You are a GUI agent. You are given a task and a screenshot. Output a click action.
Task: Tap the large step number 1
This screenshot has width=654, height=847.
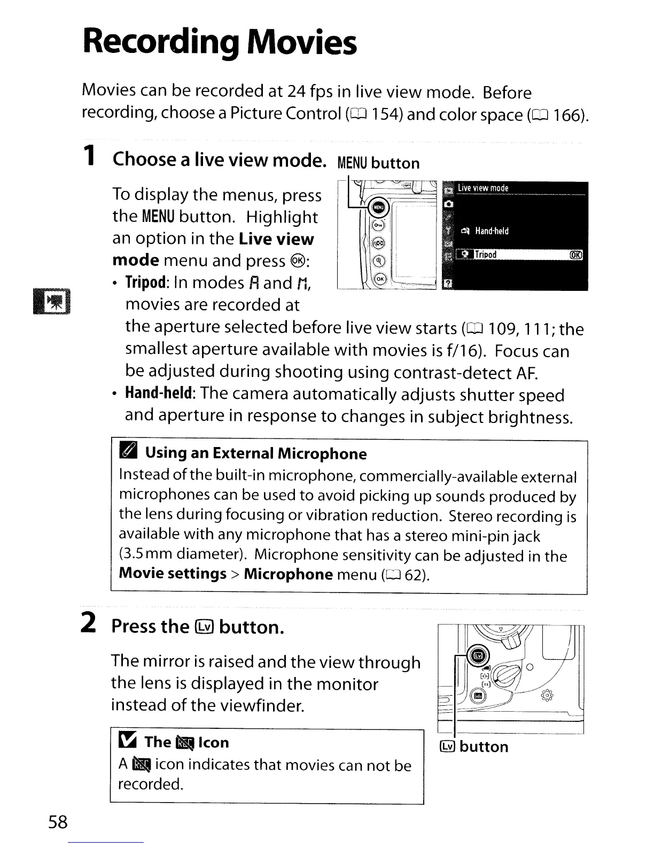tap(90, 156)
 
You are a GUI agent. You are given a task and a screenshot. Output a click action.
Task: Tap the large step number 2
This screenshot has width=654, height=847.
tap(89, 623)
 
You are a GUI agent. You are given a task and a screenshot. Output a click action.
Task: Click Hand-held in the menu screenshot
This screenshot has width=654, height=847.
tap(492, 231)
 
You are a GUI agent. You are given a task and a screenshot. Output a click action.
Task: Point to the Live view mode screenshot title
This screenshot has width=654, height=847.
tap(482, 188)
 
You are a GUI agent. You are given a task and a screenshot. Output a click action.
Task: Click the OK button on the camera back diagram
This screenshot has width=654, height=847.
tap(379, 279)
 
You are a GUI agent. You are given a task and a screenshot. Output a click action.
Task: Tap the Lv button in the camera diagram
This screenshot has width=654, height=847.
tap(478, 656)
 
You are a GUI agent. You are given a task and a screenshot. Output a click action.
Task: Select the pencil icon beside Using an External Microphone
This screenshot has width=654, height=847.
tap(130, 452)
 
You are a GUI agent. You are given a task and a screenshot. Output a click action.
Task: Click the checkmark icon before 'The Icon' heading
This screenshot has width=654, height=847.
tap(129, 742)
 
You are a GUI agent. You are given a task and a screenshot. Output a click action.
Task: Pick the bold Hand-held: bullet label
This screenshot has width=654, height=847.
tap(159, 394)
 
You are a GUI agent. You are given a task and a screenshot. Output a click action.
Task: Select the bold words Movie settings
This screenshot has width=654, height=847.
tap(172, 574)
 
